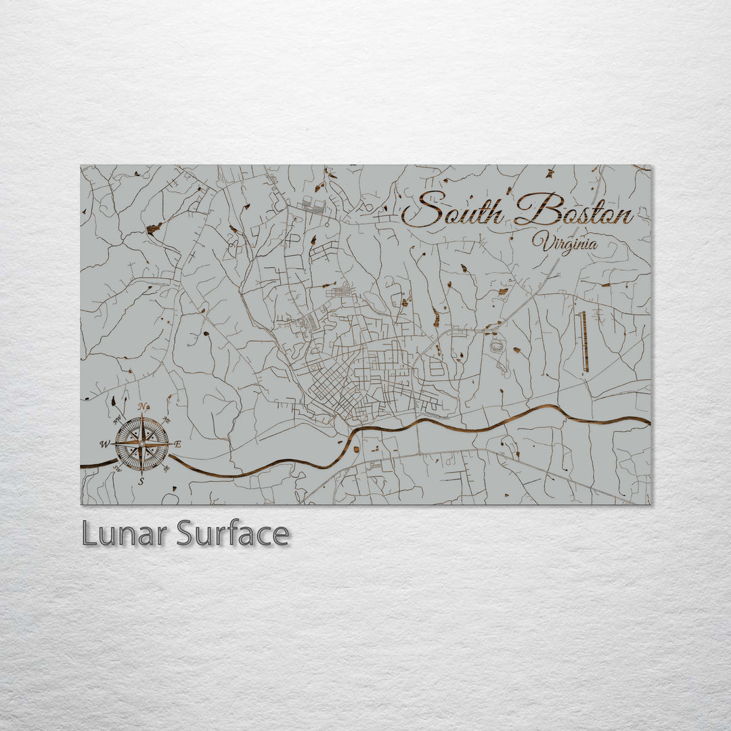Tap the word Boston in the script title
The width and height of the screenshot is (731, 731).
point(573,210)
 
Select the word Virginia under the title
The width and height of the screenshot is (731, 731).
point(564,242)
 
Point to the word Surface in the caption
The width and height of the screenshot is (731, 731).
point(233,534)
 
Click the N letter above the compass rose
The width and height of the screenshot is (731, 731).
point(143,407)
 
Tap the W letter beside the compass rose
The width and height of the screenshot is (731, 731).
point(105,444)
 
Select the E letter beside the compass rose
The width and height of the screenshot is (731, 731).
point(178,444)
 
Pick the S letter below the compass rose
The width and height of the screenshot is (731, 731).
point(141,481)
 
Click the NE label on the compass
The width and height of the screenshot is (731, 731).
point(167,420)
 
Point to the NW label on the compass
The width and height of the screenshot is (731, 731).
point(118,420)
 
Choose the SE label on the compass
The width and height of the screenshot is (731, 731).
point(167,468)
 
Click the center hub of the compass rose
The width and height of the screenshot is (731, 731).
point(141,444)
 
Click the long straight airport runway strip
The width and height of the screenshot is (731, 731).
point(583,341)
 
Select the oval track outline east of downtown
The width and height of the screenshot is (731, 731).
point(497,346)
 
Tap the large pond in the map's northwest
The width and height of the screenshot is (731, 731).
point(154,229)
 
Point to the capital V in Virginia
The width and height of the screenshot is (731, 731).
point(539,240)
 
